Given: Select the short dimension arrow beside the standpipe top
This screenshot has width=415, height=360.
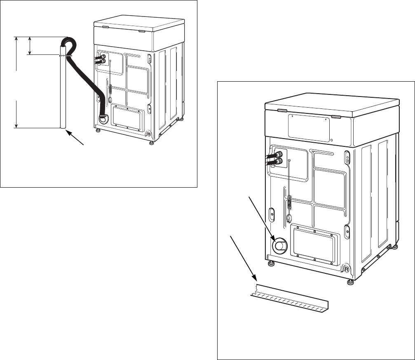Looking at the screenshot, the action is click(x=30, y=45).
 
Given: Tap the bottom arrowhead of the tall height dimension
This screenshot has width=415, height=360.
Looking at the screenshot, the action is click(x=16, y=125).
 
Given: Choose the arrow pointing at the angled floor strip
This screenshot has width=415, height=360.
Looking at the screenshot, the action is click(x=243, y=260).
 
